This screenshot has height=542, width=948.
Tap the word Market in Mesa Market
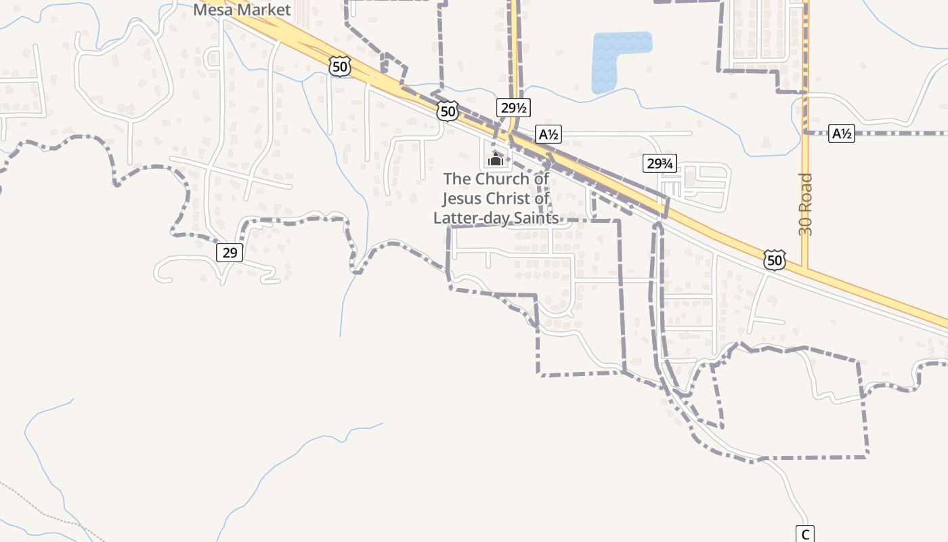point(265,9)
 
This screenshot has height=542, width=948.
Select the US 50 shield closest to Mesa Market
point(340,66)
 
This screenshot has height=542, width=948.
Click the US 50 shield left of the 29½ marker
point(447,111)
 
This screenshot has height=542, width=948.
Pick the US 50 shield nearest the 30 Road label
point(775,259)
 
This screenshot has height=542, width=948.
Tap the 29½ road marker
point(513,107)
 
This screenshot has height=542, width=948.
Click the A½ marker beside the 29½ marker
point(548,134)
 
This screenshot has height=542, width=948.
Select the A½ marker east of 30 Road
point(841,133)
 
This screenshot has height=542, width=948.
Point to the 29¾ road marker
point(659,163)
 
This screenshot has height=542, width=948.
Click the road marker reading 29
point(230,253)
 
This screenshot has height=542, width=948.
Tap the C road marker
point(804,533)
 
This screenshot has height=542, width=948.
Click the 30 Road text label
point(805,205)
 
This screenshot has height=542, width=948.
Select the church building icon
point(496,159)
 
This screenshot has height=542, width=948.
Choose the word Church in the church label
point(502,179)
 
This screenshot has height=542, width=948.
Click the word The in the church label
point(457,179)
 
